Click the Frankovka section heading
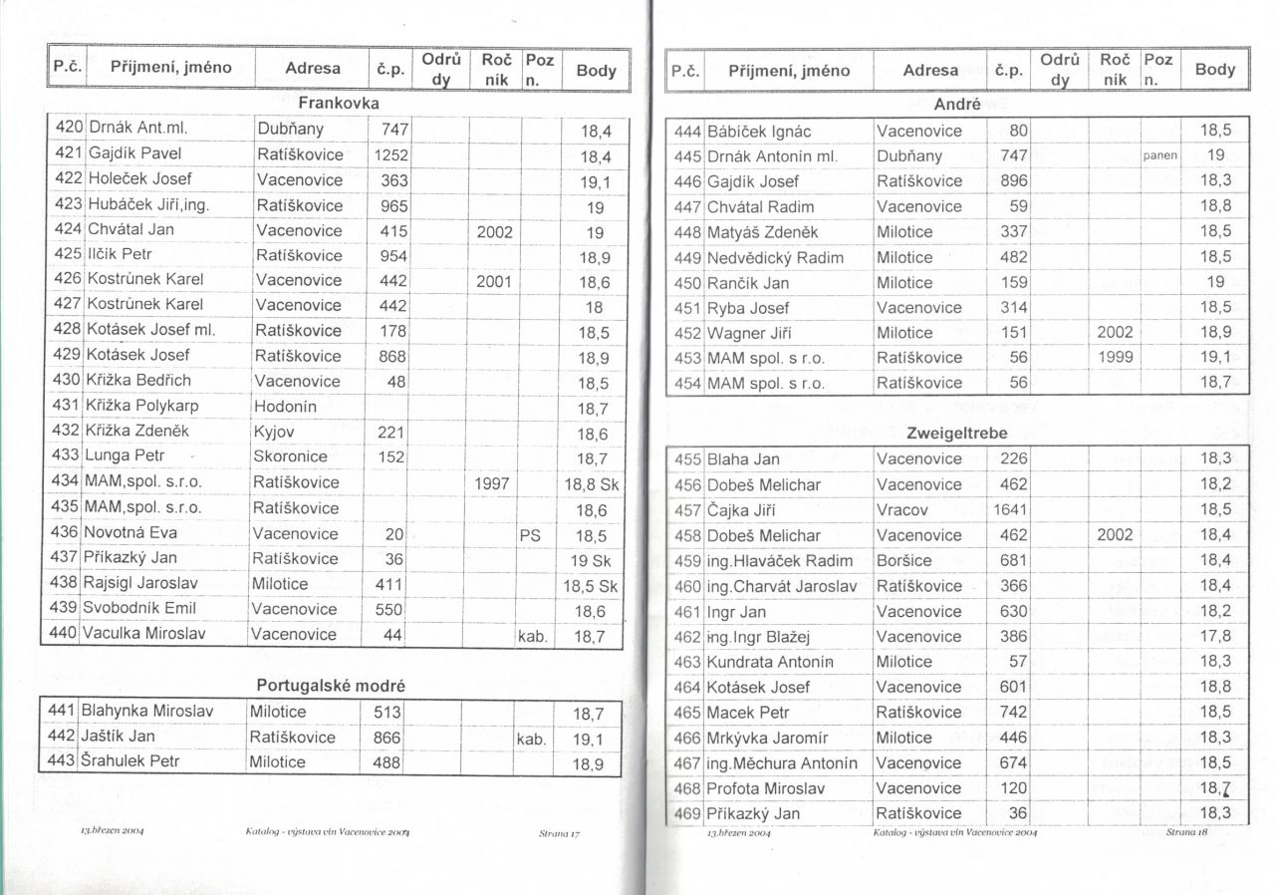(339, 103)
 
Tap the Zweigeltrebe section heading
(956, 434)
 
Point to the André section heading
(957, 104)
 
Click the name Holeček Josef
(139, 179)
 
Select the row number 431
(67, 406)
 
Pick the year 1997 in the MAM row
(493, 482)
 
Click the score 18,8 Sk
(592, 483)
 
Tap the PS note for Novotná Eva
(530, 534)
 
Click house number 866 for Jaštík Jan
(386, 738)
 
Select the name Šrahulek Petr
(129, 762)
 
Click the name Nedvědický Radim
(775, 257)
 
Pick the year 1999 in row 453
(1115, 358)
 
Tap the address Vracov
(902, 510)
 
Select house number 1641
(1010, 510)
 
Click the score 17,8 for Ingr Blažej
(1215, 636)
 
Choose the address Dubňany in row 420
(290, 129)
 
